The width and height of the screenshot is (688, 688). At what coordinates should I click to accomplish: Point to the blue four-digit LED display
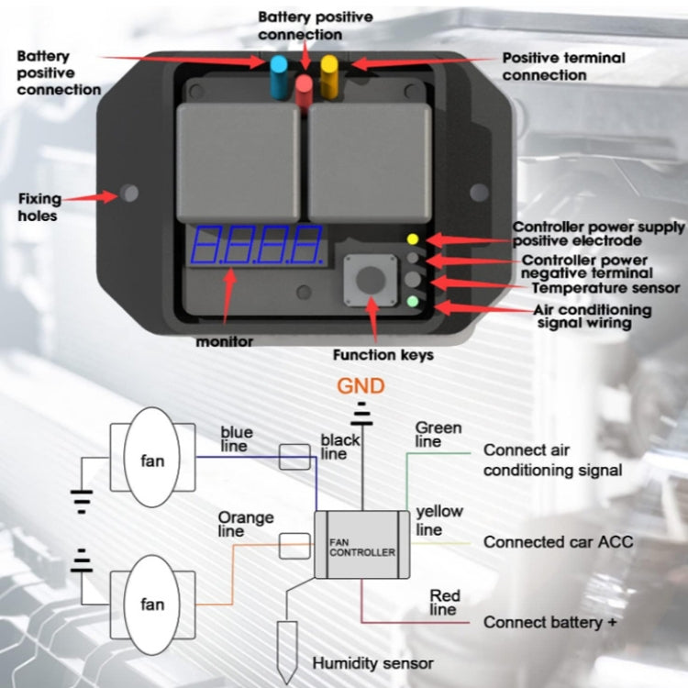click(x=256, y=246)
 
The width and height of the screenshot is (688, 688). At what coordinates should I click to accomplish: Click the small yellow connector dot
click(x=412, y=239)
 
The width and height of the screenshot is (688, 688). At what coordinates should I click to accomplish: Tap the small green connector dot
click(x=412, y=301)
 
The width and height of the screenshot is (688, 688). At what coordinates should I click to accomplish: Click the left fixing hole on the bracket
click(x=130, y=194)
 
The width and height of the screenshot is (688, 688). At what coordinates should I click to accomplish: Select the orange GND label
click(x=360, y=385)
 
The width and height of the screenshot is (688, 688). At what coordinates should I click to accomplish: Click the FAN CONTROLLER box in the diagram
click(x=362, y=546)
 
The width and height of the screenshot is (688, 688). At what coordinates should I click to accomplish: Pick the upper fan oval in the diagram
click(x=153, y=459)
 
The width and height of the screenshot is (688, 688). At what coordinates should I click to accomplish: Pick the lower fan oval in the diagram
click(x=153, y=603)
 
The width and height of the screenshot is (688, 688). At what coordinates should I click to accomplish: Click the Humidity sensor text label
click(x=373, y=662)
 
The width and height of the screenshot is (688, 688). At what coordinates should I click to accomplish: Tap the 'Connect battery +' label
click(x=549, y=623)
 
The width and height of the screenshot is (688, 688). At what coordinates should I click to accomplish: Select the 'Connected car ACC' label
click(x=558, y=542)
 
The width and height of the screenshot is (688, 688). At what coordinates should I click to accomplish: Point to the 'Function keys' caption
click(x=383, y=354)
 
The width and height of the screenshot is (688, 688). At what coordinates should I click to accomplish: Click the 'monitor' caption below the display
click(x=225, y=341)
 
